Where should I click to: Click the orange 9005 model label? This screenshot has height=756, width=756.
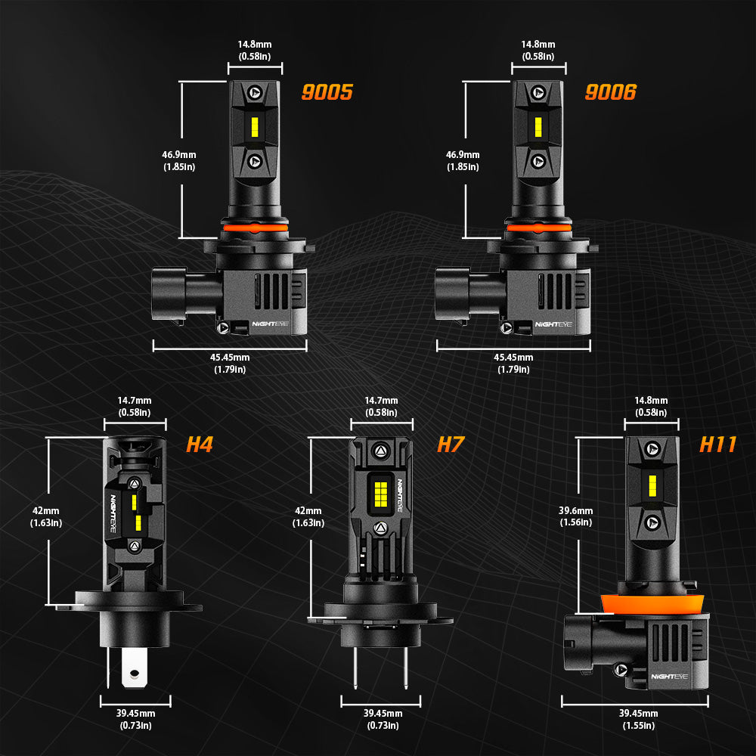(x=327, y=92)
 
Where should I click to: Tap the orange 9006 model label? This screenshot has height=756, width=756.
(x=610, y=92)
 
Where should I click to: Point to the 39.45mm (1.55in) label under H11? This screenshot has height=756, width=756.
(x=638, y=719)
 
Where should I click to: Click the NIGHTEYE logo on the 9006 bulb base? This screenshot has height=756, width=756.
(x=554, y=324)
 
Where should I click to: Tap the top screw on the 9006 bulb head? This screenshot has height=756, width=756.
(x=538, y=91)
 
